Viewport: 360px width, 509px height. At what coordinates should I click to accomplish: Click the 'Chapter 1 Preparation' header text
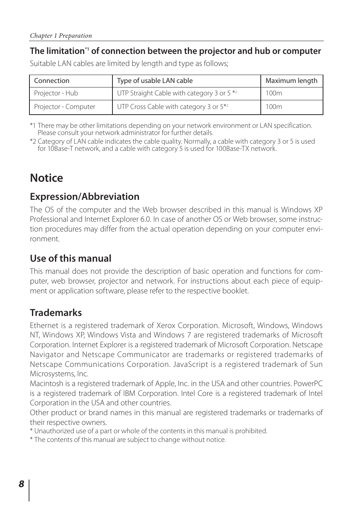coord(61,36)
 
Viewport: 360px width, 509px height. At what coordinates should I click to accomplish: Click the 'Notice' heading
coord(46,178)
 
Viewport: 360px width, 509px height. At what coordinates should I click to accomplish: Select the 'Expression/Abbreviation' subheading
coord(85,196)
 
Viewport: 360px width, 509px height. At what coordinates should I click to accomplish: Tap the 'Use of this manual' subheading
coord(71,258)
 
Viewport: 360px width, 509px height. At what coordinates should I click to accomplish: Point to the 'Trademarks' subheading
coord(56,313)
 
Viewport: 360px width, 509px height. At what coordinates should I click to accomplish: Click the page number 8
coord(22,484)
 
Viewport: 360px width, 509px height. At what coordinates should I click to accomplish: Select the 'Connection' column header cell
coord(52,81)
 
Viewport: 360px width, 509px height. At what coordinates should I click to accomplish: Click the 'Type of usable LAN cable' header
coord(155,81)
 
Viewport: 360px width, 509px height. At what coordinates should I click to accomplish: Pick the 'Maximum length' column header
coord(291,81)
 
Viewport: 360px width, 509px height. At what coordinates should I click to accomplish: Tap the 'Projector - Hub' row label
coord(56,93)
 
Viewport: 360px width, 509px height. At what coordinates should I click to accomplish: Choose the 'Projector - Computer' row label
coord(65,107)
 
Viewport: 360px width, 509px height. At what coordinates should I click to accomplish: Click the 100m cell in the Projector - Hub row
coord(274,93)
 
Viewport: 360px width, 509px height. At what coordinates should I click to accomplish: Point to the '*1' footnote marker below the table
coord(33,126)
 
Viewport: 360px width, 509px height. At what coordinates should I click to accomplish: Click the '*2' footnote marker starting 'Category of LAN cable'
coord(33,141)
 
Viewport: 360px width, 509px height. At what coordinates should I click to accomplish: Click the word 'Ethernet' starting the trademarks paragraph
coord(44,325)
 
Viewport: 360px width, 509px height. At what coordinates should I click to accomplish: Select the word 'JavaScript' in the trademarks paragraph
coord(191,364)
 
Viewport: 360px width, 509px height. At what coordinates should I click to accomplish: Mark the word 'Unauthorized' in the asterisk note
coord(53,431)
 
